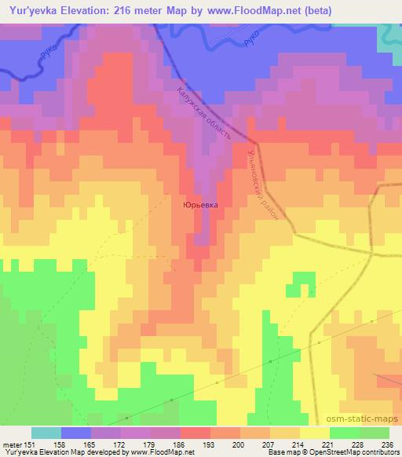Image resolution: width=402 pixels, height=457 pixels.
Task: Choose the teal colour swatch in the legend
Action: (46, 433)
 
